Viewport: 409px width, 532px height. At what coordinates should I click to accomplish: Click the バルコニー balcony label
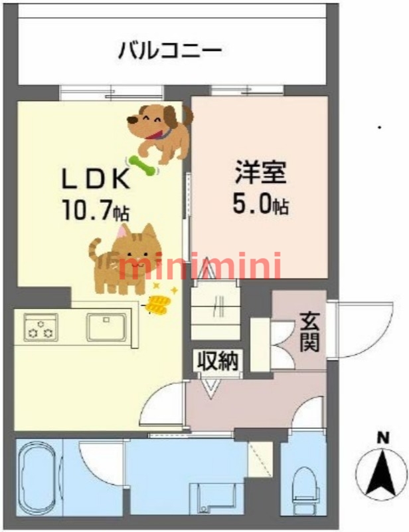tap(170, 51)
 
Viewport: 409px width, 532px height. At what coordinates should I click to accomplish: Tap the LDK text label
tap(95, 179)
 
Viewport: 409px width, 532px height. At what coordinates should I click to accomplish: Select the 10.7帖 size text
tap(95, 211)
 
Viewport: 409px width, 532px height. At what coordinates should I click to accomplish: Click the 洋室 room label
tap(261, 172)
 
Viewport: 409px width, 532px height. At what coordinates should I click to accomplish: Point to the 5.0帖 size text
tap(260, 203)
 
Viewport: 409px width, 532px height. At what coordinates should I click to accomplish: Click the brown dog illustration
tap(161, 132)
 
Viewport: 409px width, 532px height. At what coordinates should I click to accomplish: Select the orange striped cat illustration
tap(125, 259)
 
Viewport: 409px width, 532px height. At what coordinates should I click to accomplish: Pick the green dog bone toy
tap(142, 166)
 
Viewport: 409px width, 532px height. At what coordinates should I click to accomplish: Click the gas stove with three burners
tap(41, 327)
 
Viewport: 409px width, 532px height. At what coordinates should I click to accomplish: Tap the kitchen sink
tap(106, 327)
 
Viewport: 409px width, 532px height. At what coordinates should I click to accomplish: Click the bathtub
tap(38, 477)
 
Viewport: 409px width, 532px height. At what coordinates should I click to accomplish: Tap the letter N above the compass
tap(382, 439)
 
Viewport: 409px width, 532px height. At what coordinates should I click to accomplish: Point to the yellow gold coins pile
tap(158, 304)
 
